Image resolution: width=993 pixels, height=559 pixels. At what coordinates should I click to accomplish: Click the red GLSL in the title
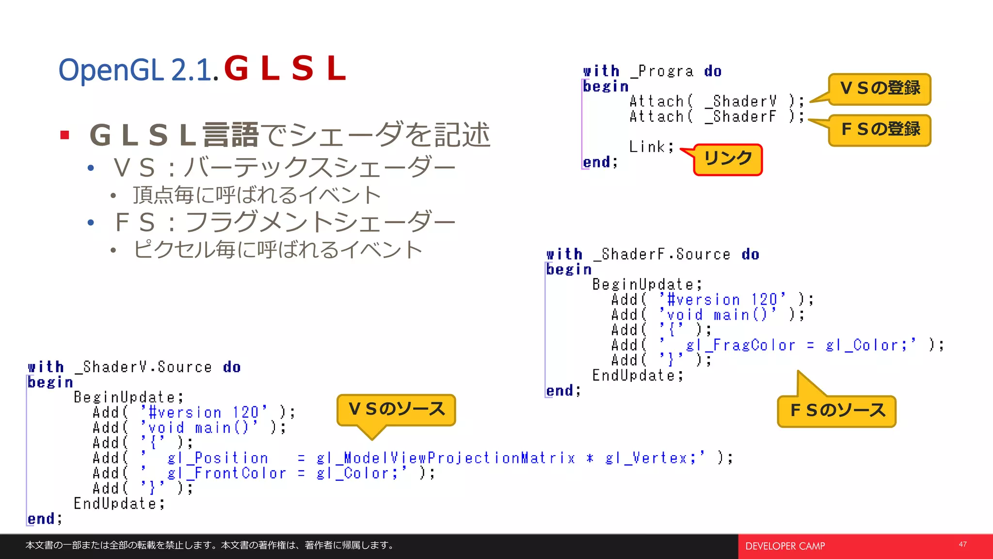(285, 68)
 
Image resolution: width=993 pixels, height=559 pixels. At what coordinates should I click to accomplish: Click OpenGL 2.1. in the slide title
(138, 70)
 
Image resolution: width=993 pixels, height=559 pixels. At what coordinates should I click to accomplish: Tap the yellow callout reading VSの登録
(880, 89)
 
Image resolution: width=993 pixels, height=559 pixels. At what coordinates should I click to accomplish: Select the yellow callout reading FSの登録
(880, 130)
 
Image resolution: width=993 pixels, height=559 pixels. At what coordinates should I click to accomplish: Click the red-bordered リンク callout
(728, 159)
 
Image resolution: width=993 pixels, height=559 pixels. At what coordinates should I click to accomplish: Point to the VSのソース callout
(396, 410)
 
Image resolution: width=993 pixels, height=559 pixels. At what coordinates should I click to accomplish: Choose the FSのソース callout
(837, 411)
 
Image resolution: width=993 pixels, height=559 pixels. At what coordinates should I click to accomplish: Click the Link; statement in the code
(651, 147)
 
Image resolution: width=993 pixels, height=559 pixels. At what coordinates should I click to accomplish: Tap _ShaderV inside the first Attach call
(740, 101)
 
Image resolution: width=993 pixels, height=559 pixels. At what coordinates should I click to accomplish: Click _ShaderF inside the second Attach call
(740, 117)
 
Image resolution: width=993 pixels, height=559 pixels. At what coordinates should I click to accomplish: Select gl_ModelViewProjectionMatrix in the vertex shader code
(446, 458)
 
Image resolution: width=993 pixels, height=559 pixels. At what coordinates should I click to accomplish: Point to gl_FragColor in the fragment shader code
(740, 345)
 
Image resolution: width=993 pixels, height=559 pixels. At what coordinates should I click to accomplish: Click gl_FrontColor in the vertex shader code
(226, 473)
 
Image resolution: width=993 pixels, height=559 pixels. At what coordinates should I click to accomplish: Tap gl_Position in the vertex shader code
(218, 458)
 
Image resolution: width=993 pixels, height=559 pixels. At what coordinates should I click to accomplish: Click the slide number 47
(962, 544)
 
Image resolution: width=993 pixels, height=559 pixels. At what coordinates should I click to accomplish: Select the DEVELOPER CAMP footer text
(785, 546)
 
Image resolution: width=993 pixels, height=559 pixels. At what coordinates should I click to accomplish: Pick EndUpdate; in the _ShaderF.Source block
(638, 376)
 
